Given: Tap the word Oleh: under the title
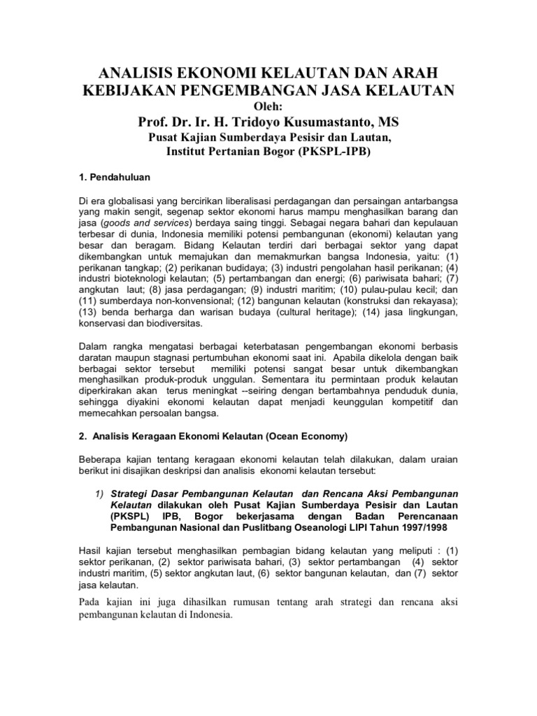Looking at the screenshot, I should [268, 106].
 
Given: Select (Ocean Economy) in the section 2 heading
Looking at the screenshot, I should [304, 437].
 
